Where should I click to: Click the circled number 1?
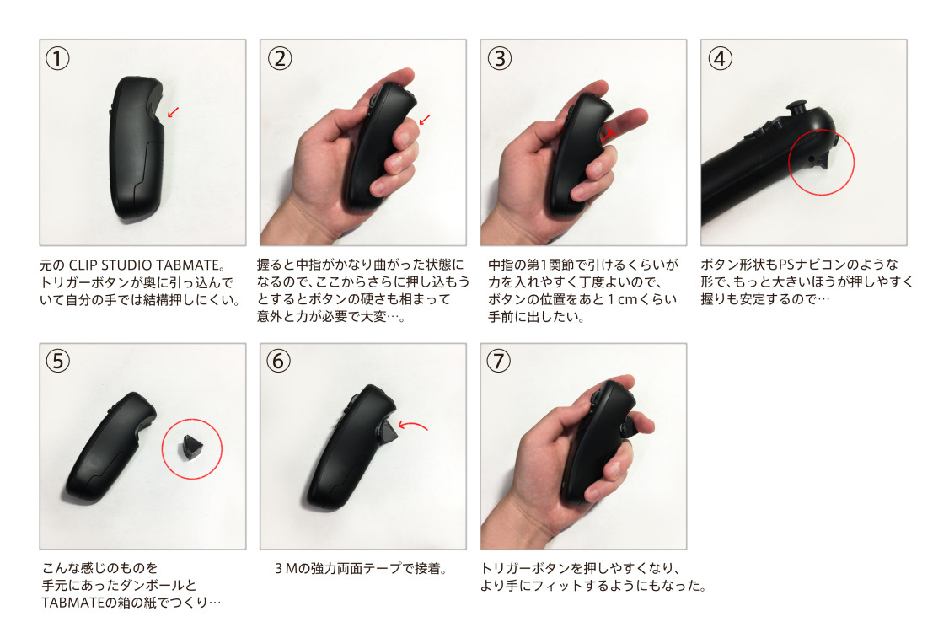(x=57, y=59)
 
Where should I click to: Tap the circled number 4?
(x=720, y=59)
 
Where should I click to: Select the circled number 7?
(x=499, y=361)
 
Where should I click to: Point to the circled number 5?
(x=57, y=361)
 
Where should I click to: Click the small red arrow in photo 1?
(x=174, y=112)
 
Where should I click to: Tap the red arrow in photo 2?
(x=425, y=119)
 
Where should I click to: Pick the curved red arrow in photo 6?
(x=413, y=426)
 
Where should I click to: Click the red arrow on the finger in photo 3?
(x=608, y=134)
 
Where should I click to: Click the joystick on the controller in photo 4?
(x=796, y=109)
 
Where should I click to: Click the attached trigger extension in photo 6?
(x=388, y=431)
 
